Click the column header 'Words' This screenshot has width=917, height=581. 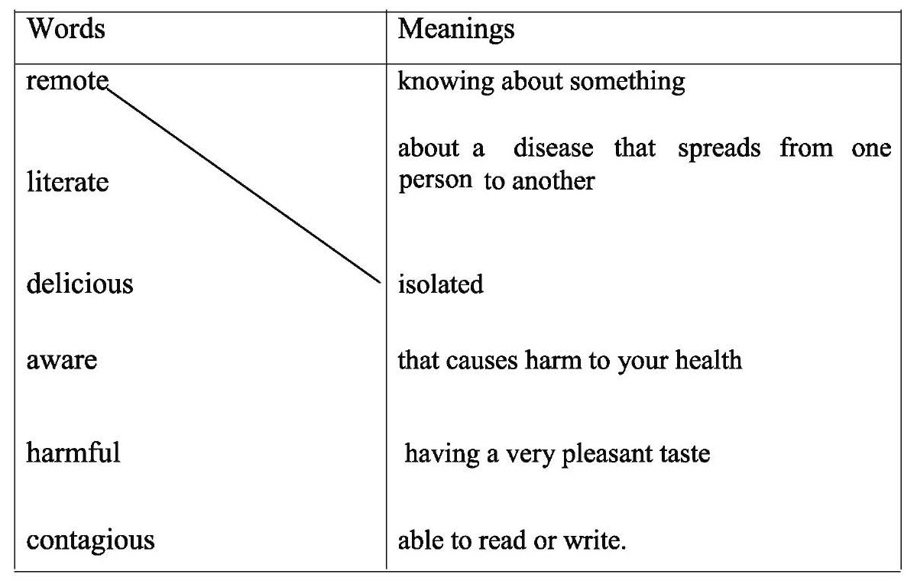point(66,30)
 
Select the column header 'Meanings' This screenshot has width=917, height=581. point(456,31)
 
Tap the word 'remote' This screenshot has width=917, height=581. point(66,81)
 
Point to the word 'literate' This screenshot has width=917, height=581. point(67,182)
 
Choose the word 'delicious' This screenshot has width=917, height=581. point(79,284)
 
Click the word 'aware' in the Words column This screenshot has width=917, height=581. point(62,359)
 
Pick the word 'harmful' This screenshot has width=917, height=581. point(73,453)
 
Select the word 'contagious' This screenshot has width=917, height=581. point(90,540)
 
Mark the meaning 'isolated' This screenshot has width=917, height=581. point(441,284)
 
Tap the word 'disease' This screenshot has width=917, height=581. point(552,148)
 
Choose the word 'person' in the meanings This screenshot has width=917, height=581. point(435,182)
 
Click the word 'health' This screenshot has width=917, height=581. point(709,360)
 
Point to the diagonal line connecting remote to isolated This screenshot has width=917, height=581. point(245,183)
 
